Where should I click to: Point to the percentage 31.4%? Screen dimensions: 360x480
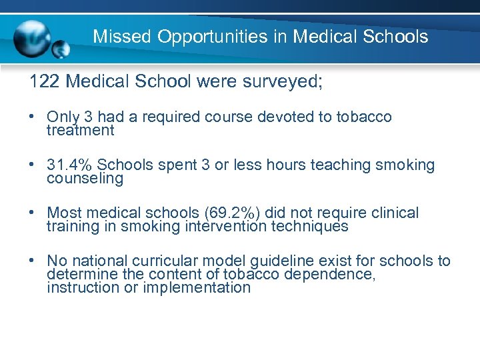(70, 165)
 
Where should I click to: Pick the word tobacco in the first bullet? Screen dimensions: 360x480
(364, 117)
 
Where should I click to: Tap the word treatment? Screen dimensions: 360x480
(81, 131)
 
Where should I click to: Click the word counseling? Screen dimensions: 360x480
(85, 179)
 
